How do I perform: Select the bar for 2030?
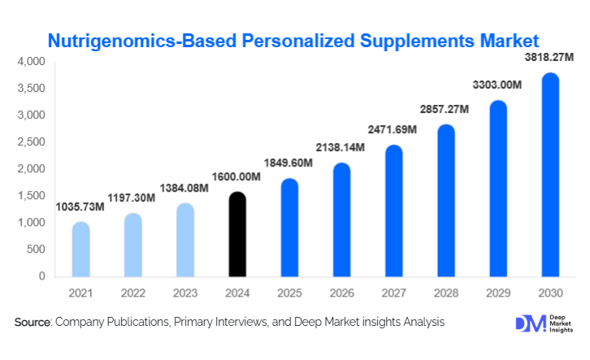(x=550, y=175)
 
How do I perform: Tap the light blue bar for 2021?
(x=80, y=249)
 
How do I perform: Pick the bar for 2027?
(x=393, y=210)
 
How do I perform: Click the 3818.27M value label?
(x=547, y=59)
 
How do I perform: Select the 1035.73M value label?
(x=80, y=207)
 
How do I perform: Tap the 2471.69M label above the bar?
(x=393, y=130)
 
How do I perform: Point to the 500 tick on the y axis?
(x=36, y=249)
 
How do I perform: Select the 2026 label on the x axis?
(x=341, y=290)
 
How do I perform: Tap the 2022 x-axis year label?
(x=132, y=290)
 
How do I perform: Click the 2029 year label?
(x=498, y=290)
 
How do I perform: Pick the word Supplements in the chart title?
(x=407, y=39)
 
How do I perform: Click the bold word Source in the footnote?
(x=33, y=323)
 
